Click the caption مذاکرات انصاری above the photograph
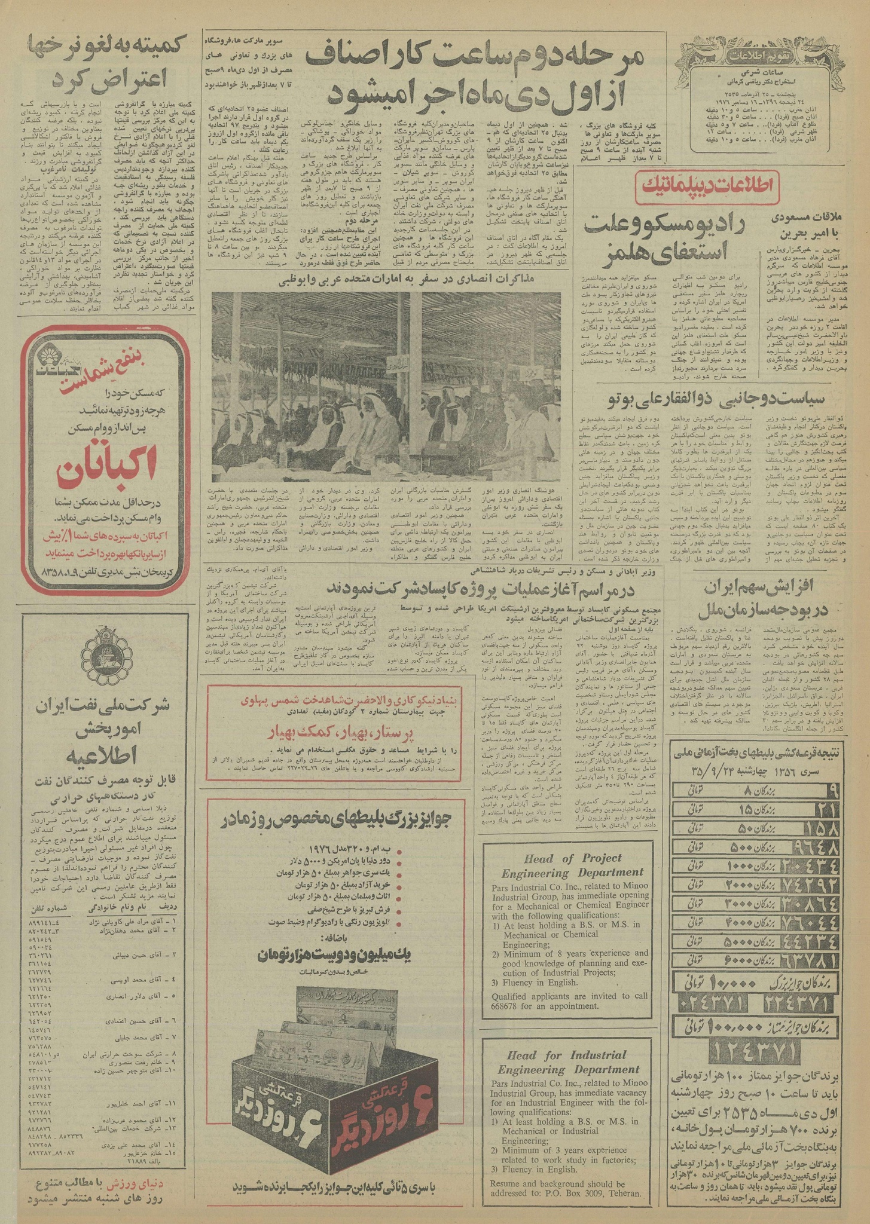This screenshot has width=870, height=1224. coord(386,278)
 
